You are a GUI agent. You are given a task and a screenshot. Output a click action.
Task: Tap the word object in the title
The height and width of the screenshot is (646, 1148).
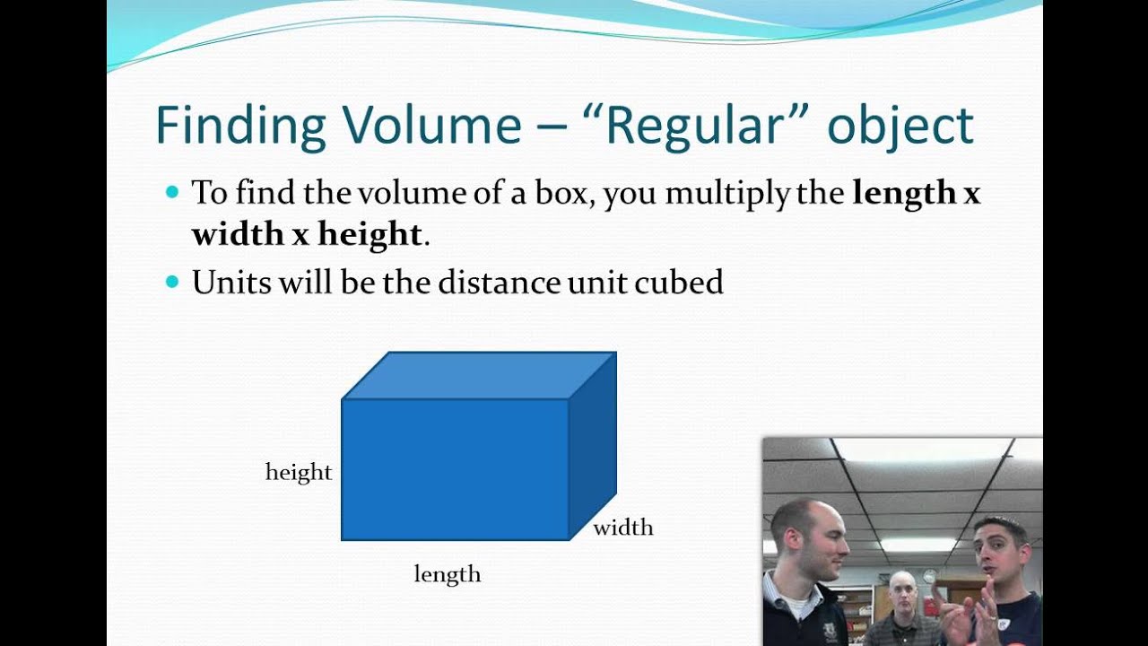click(900, 127)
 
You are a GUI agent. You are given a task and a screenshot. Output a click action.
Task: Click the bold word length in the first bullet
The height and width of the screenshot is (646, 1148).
click(904, 192)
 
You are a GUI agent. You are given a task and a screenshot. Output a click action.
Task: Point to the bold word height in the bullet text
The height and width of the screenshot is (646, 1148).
click(370, 233)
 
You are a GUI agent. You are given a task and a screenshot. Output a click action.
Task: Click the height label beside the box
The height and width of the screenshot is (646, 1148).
click(299, 472)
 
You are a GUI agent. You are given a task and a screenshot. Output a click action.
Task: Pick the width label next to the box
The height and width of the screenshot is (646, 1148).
click(623, 528)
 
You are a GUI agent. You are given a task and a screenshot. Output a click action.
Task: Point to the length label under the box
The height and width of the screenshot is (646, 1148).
click(448, 574)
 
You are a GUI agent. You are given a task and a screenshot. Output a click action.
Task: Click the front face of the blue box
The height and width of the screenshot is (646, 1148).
click(455, 469)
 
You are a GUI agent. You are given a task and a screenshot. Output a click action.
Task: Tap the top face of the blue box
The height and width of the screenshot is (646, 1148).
click(480, 375)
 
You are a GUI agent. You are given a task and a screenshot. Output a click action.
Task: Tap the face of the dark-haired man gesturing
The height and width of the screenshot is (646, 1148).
click(999, 552)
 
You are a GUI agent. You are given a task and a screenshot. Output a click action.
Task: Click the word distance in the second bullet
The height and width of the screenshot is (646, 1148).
click(500, 283)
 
